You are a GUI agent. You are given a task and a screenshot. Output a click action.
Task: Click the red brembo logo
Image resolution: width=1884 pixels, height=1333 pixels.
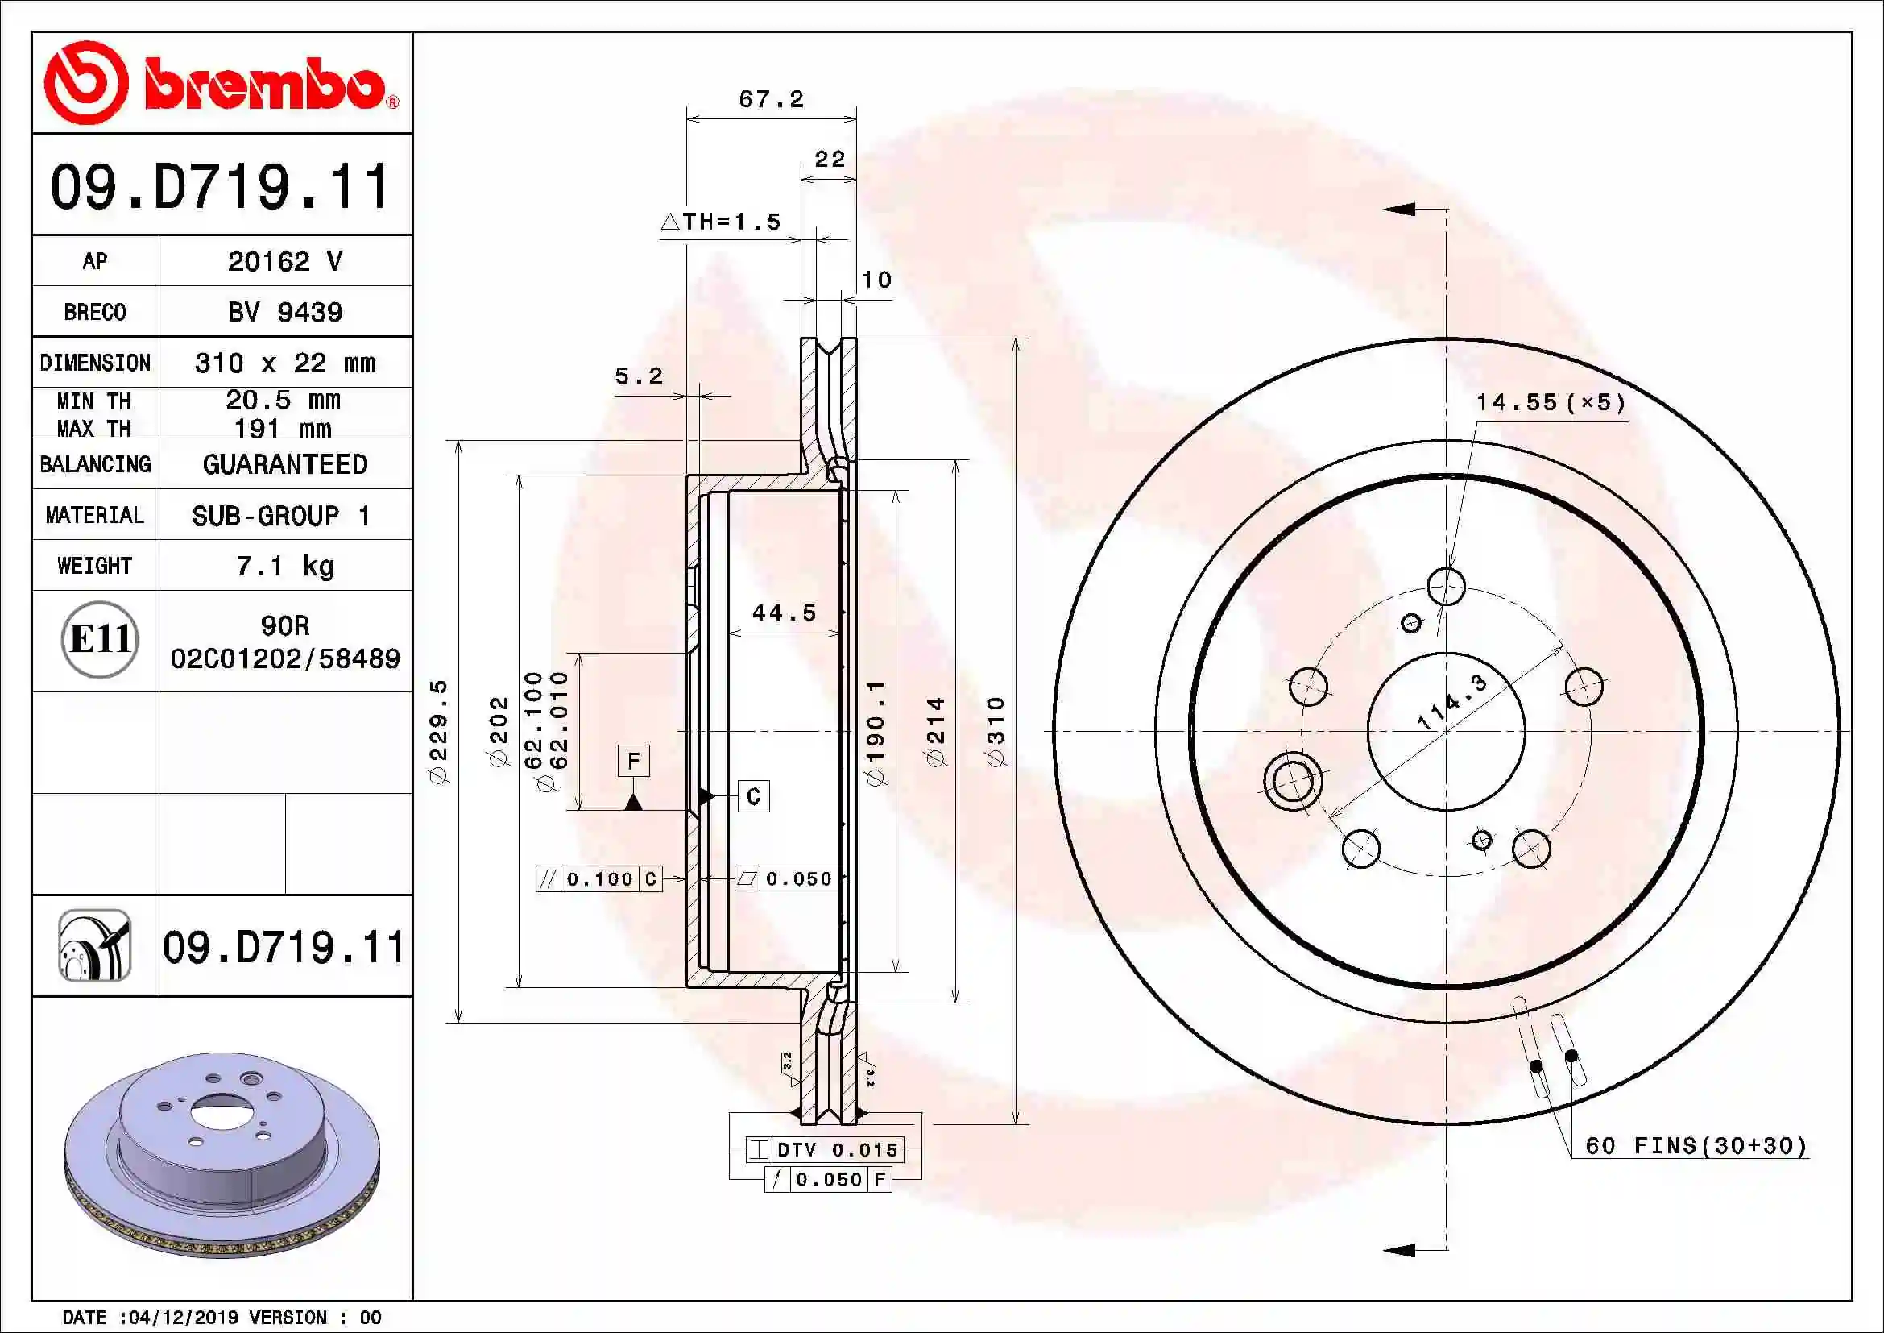222,84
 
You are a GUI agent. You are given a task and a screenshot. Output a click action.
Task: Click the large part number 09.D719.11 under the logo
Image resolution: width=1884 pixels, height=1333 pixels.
220,187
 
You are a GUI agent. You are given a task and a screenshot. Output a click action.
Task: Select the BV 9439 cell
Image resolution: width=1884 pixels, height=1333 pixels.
284,312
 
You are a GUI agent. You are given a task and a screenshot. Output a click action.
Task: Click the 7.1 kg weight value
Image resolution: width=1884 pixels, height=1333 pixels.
284,566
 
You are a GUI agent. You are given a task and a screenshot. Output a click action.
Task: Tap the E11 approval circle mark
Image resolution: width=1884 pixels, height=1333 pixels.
99,639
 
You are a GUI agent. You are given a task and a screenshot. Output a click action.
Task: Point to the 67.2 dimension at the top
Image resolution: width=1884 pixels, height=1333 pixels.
771,99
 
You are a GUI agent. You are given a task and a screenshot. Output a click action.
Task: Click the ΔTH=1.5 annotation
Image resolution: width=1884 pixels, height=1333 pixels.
721,222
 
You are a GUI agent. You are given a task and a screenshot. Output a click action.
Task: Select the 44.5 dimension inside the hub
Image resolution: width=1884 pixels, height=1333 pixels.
784,613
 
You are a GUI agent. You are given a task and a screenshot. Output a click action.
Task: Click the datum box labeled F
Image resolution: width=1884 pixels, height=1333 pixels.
633,761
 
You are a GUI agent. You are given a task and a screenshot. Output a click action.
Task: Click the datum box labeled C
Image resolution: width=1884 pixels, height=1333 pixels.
753,796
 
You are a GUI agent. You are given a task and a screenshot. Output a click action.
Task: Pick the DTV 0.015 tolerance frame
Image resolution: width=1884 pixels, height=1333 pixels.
825,1149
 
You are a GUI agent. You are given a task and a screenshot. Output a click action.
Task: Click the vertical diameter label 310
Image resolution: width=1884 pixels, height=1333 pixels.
996,731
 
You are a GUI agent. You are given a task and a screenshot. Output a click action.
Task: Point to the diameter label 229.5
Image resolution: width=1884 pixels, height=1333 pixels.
440,731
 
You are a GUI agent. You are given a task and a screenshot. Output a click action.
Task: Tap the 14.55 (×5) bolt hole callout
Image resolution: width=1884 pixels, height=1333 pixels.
1550,402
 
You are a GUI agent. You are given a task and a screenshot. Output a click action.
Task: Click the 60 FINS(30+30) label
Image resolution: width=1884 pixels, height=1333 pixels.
1696,1145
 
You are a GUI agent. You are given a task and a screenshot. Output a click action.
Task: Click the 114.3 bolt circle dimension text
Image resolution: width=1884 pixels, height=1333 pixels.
1451,702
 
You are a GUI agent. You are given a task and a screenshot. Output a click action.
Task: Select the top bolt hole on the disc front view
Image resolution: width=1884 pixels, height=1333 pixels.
1446,586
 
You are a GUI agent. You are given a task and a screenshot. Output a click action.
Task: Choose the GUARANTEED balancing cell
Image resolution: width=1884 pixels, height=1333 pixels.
284,464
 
